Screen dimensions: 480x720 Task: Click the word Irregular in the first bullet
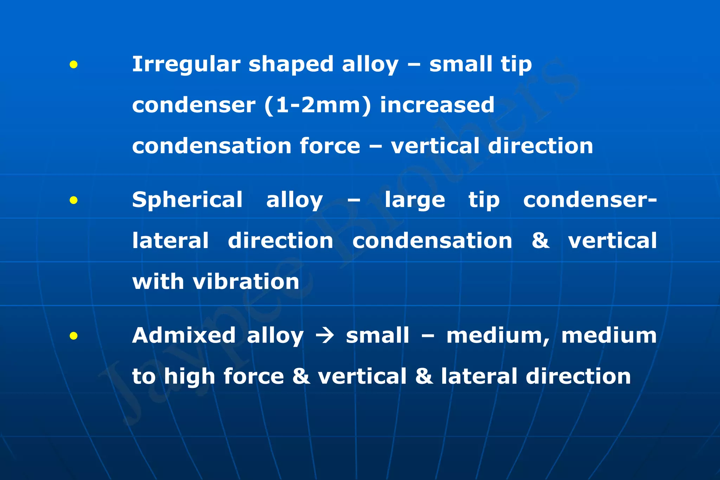[x=186, y=64]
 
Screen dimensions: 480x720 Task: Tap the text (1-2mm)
[x=317, y=105]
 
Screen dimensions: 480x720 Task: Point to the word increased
[x=437, y=105]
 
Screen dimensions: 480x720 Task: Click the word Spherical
[x=187, y=200]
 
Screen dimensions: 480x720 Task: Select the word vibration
[x=246, y=282]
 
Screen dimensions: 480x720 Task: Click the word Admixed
[x=184, y=335]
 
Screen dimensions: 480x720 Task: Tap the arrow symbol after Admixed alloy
[x=324, y=336]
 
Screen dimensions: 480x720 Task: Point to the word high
[x=189, y=377]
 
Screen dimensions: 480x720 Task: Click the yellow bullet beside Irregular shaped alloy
[x=73, y=64]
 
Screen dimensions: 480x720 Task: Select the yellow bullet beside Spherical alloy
[x=73, y=200]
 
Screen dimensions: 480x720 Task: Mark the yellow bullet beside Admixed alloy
[x=73, y=336]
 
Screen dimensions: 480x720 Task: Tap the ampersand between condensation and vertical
[x=540, y=241]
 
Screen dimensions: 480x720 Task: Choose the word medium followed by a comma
[x=498, y=336]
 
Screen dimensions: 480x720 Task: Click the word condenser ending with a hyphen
[x=590, y=200]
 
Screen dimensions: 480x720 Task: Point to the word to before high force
[x=143, y=377]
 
